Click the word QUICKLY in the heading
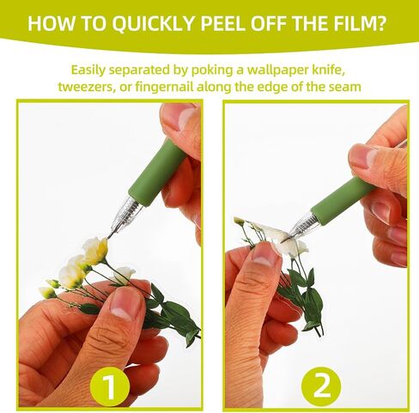(153, 23)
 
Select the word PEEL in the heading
(222, 23)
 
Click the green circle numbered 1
(110, 386)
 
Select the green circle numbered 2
(321, 386)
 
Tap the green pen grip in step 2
(343, 199)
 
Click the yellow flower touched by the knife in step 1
(95, 251)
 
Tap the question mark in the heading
(381, 23)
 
